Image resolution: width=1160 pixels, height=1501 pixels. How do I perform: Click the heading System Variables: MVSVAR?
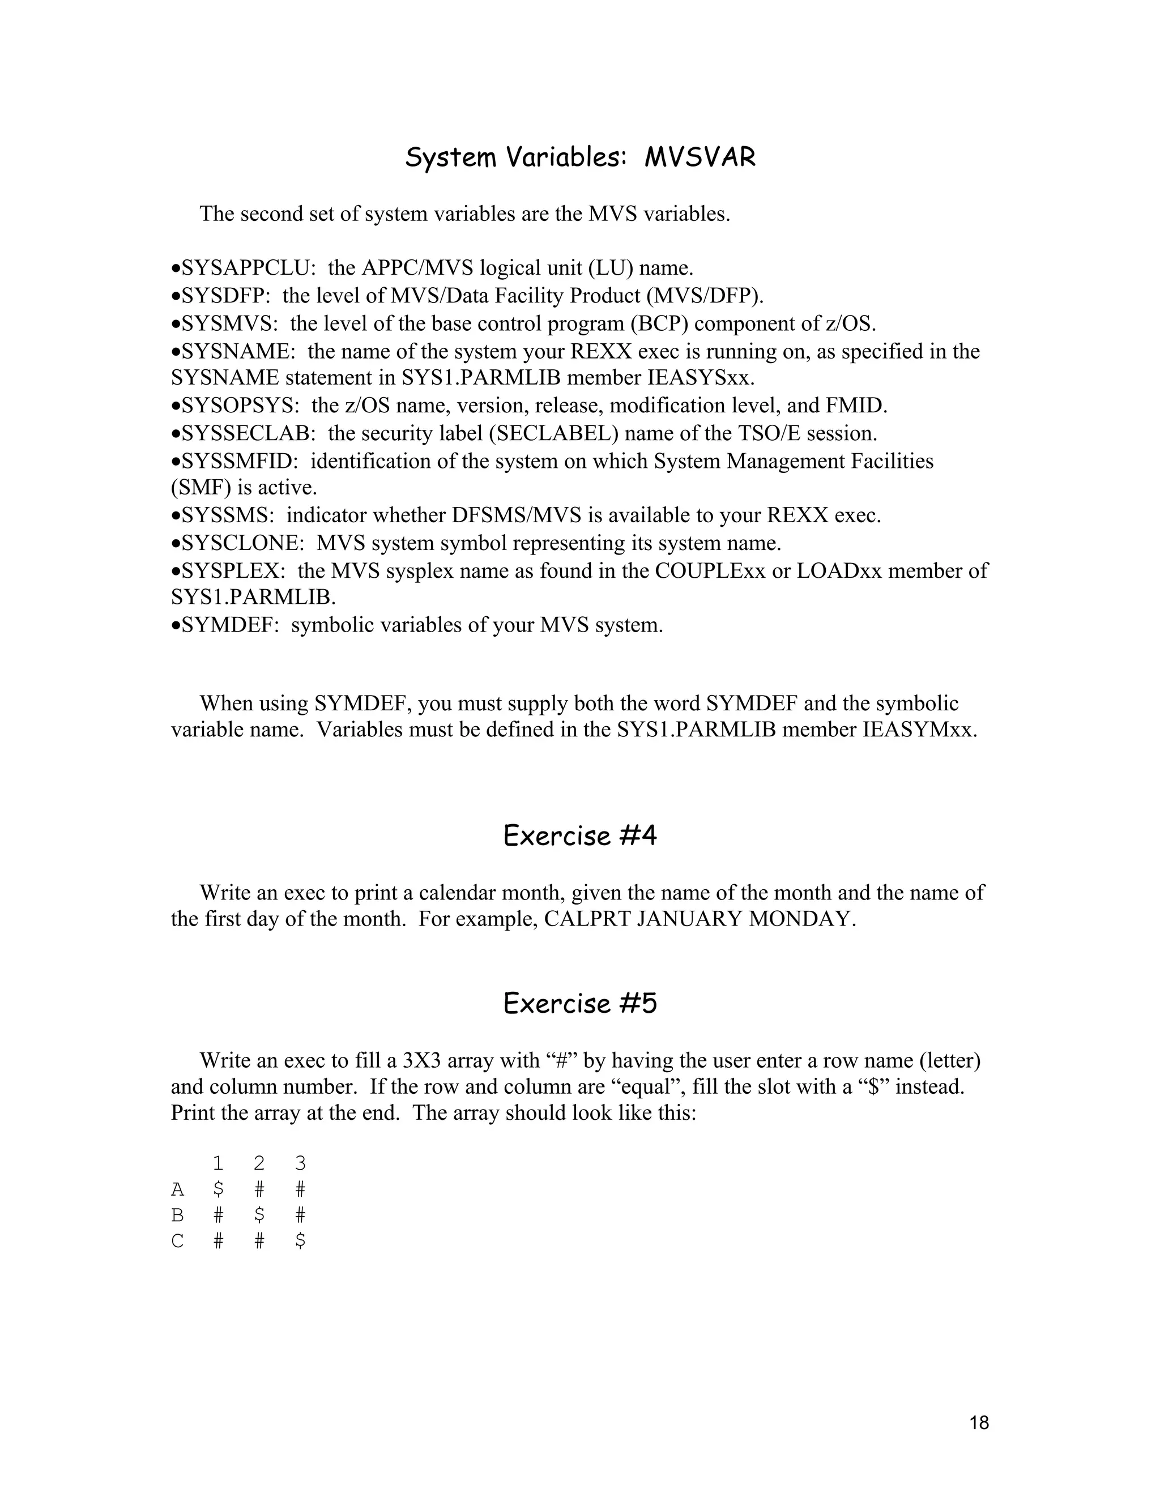pos(580,158)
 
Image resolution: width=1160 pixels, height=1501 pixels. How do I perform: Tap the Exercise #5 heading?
pos(580,1004)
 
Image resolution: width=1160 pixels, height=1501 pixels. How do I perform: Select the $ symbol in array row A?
pos(219,1189)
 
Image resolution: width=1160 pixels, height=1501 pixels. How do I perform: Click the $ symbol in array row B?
pos(259,1216)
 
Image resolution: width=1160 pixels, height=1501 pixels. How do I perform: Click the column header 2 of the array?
pos(259,1163)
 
